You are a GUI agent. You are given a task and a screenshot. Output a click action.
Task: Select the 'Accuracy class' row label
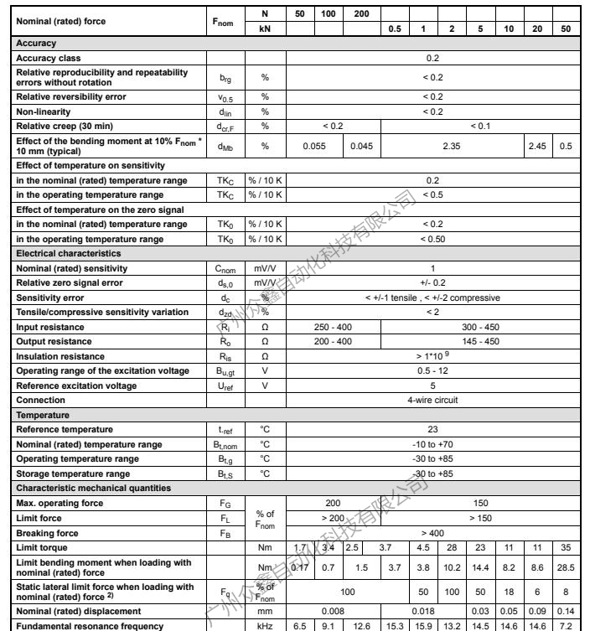(x=49, y=58)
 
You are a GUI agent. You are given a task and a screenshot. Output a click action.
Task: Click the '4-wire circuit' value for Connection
(x=432, y=400)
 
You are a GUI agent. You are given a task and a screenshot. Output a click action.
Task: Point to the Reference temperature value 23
(x=432, y=429)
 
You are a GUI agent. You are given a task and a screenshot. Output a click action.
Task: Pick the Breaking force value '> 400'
(x=432, y=532)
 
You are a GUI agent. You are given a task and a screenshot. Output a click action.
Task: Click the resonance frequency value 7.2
(x=566, y=624)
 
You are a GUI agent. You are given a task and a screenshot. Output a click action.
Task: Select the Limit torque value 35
(x=566, y=547)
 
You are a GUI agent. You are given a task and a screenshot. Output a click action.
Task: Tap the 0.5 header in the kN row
(x=395, y=28)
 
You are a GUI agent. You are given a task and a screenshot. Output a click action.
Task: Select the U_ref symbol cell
(x=226, y=385)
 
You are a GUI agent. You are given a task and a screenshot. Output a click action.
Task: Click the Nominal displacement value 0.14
(x=566, y=609)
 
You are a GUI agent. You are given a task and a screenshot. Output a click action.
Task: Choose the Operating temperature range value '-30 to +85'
(x=432, y=458)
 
